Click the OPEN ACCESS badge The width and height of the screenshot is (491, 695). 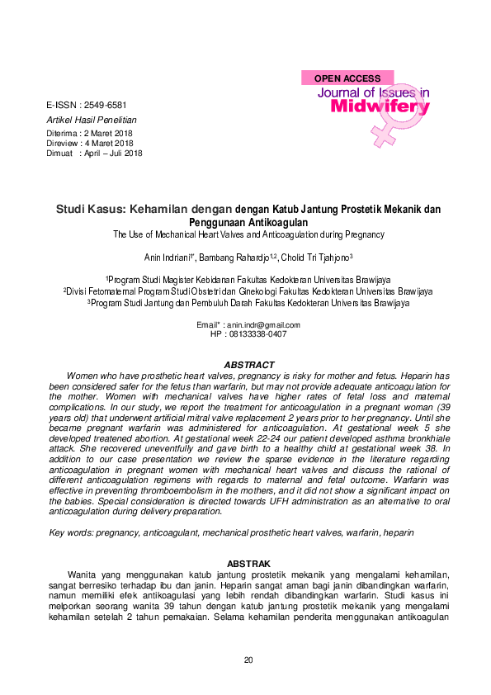347,78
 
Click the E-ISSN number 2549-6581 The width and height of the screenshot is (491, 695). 106,106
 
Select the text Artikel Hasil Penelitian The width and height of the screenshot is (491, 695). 91,120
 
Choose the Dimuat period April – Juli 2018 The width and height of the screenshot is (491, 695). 113,153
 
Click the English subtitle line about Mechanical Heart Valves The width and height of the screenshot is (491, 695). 248,234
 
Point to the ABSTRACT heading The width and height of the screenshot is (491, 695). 249,364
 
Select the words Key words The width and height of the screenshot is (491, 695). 68,533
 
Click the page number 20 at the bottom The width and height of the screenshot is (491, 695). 248,660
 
